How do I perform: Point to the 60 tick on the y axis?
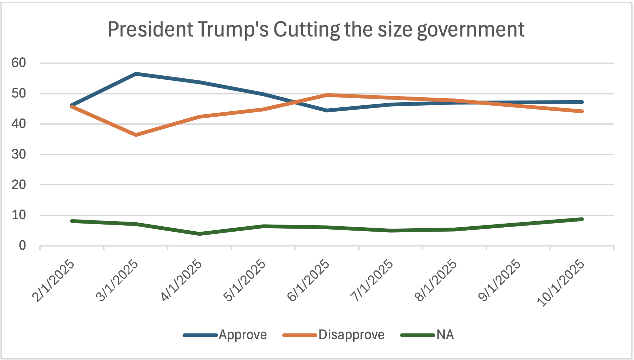[18, 63]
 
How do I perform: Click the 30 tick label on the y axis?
[18, 154]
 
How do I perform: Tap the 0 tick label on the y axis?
[22, 246]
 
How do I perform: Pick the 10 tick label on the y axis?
[18, 215]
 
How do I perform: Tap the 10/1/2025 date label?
[561, 283]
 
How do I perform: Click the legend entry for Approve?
[242, 335]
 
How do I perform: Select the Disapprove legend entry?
[351, 335]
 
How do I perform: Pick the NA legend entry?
[445, 335]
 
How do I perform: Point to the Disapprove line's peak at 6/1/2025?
[327, 95]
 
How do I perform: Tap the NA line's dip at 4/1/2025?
[200, 234]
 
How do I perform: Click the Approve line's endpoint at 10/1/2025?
[582, 102]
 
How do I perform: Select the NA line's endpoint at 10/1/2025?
[582, 219]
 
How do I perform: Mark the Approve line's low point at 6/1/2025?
[327, 110]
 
